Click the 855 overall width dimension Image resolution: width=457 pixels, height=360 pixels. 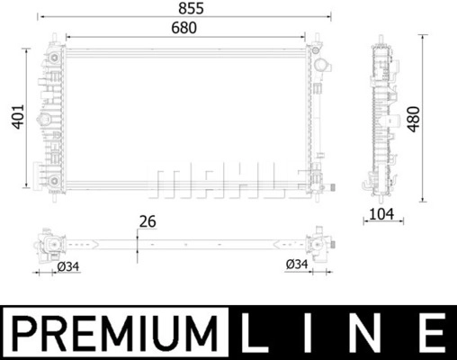click(191, 8)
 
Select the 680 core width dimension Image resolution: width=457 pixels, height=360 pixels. click(184, 28)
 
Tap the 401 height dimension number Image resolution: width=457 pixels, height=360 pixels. click(18, 117)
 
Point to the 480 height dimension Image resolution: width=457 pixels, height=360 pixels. click(414, 119)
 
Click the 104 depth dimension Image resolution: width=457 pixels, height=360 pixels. click(381, 214)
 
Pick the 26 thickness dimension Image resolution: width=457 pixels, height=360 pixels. click(148, 221)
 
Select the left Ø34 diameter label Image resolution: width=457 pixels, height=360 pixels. click(68, 266)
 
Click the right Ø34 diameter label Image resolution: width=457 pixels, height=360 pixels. click(297, 264)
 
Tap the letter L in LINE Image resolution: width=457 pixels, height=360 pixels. click(255, 333)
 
